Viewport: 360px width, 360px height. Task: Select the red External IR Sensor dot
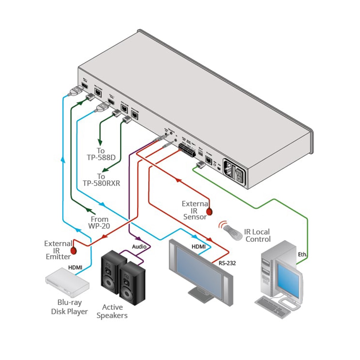(x=209, y=211)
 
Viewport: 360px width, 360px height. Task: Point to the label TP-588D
(x=101, y=157)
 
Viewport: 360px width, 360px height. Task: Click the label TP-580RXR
(x=101, y=183)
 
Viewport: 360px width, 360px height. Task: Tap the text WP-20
(x=99, y=226)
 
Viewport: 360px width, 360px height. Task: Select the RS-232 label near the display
(x=227, y=263)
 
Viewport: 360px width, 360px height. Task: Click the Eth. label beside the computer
(x=302, y=254)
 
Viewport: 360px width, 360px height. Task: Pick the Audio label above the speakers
(x=139, y=247)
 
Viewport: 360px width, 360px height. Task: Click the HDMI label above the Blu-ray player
(x=75, y=267)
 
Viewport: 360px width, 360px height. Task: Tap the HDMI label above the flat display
(x=199, y=247)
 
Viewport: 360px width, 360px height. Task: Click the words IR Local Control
(x=257, y=235)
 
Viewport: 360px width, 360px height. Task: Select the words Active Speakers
(x=112, y=311)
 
